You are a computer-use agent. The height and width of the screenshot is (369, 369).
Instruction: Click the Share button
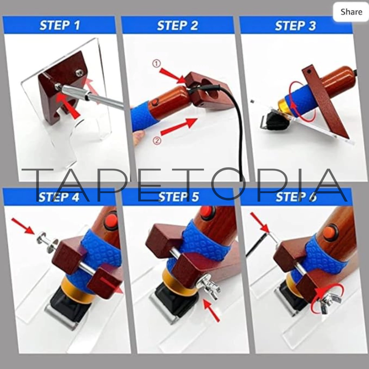[x=351, y=12]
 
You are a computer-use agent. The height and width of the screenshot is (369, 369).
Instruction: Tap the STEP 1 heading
[x=60, y=26]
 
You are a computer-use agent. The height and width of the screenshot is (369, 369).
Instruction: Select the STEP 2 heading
[x=177, y=26]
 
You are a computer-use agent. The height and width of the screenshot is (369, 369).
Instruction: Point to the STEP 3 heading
[x=295, y=26]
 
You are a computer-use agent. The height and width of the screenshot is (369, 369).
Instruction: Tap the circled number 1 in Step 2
[x=156, y=63]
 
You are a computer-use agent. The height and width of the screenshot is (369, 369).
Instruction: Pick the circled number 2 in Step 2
[x=157, y=141]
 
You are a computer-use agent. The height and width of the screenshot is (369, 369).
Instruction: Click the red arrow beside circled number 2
[x=179, y=126]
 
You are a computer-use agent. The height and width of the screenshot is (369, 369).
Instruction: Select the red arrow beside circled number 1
[x=173, y=76]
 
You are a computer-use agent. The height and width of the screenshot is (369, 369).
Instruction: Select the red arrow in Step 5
[x=211, y=310]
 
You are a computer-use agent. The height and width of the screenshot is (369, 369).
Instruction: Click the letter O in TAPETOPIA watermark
[x=227, y=184]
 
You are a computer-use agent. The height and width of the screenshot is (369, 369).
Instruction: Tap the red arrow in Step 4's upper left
[x=23, y=226]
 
